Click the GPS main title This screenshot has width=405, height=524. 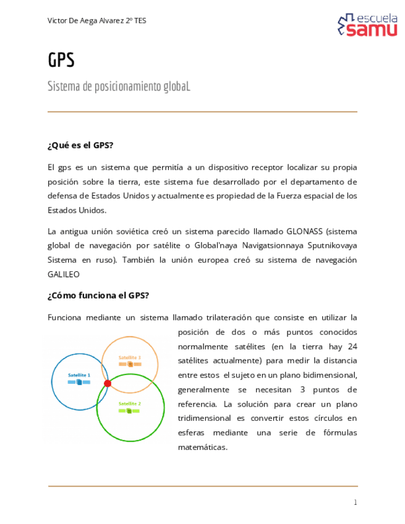click(x=61, y=61)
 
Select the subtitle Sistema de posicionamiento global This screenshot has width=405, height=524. click(x=119, y=86)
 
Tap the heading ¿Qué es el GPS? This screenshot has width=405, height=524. click(x=80, y=145)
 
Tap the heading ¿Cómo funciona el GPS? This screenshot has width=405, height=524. click(x=98, y=295)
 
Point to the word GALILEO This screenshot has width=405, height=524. click(x=64, y=274)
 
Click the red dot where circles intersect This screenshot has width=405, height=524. click(x=108, y=383)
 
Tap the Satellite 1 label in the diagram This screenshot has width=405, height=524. click(x=79, y=375)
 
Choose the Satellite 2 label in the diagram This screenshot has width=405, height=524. click(x=130, y=404)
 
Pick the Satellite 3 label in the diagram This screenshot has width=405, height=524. click(x=130, y=358)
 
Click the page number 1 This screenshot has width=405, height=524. click(x=355, y=502)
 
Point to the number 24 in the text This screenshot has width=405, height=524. click(x=352, y=346)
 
